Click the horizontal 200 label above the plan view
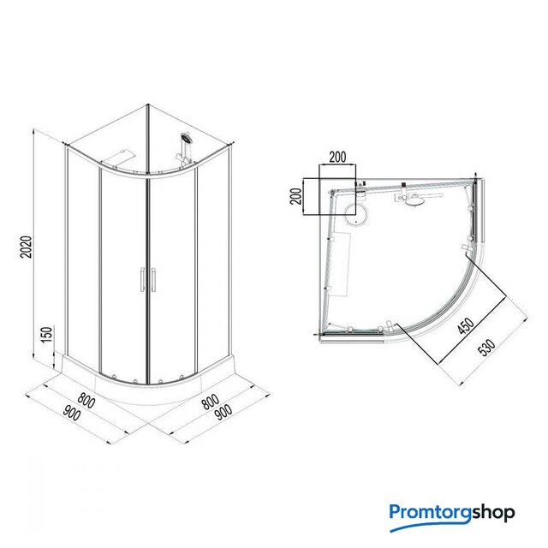(338, 158)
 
